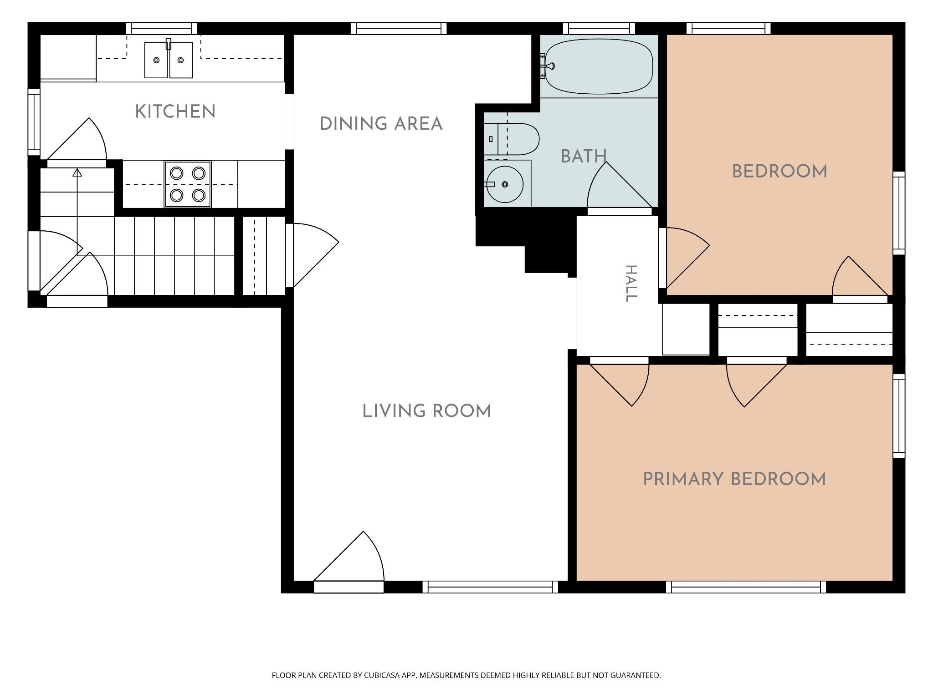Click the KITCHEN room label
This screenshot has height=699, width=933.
click(175, 112)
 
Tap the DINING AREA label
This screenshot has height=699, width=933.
click(381, 124)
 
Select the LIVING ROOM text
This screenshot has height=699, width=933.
click(426, 411)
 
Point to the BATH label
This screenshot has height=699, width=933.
click(584, 157)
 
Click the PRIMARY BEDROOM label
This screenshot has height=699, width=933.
click(734, 480)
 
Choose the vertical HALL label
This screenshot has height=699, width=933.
click(631, 284)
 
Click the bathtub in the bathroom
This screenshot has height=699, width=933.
click(599, 66)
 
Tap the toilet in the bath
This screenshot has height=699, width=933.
click(512, 139)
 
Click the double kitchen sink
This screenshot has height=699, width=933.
click(169, 60)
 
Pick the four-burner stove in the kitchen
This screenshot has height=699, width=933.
click(188, 184)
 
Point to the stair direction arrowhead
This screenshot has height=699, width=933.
click(77, 172)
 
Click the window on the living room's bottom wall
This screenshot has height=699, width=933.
click(490, 587)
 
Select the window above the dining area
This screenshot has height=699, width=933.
click(399, 28)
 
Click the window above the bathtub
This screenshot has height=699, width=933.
click(599, 28)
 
